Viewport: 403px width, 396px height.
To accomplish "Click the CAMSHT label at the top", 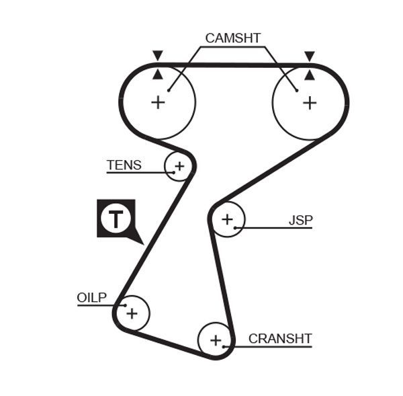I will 232,38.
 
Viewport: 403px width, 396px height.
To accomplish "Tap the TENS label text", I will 124,165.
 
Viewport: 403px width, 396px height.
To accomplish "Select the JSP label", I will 300,220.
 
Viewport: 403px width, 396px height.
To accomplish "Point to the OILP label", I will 92,297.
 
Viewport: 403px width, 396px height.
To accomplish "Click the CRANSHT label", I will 279,338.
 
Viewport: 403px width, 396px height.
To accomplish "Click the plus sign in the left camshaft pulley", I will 158,102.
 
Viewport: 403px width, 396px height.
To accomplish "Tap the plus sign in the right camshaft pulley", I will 309,102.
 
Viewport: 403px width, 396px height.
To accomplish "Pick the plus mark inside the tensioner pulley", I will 179,165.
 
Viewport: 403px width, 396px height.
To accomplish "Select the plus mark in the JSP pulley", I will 227,219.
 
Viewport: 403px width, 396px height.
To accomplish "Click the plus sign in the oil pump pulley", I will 132,313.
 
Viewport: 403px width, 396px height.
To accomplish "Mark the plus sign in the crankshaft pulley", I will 216,340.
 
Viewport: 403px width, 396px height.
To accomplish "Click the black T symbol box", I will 116,219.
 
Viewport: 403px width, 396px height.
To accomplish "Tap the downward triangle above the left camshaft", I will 158,55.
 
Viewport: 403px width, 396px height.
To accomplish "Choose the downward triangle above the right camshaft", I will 309,55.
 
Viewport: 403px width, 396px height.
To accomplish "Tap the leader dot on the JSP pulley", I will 236,228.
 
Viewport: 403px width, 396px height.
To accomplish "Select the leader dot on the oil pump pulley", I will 124,306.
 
